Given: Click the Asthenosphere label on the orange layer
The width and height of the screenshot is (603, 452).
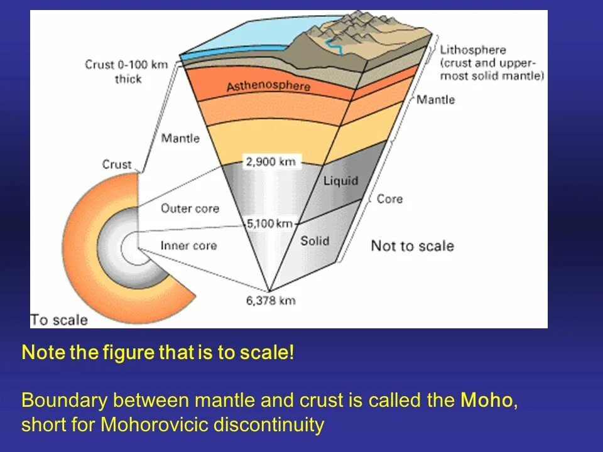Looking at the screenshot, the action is (x=268, y=85).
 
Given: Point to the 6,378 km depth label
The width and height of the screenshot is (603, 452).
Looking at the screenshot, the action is (x=270, y=300).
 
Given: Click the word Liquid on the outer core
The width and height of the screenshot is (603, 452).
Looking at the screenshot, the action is (x=340, y=181).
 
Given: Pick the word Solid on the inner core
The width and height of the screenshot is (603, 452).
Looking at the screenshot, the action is (x=314, y=240).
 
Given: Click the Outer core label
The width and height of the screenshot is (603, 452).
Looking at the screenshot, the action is (x=190, y=208).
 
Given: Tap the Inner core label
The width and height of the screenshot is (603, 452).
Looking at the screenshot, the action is (x=188, y=245).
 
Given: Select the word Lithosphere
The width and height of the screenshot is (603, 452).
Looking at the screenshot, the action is (x=473, y=50).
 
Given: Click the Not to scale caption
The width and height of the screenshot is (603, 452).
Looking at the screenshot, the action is (x=412, y=245).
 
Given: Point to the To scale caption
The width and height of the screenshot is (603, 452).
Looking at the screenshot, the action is (x=59, y=320).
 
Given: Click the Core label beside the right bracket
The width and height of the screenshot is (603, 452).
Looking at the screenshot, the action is (x=389, y=199).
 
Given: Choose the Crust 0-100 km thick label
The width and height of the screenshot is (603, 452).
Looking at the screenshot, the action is (x=126, y=72).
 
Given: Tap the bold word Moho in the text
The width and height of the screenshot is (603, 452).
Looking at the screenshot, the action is (x=486, y=401).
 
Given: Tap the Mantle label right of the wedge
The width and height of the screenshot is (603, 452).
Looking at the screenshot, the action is (x=435, y=100).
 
